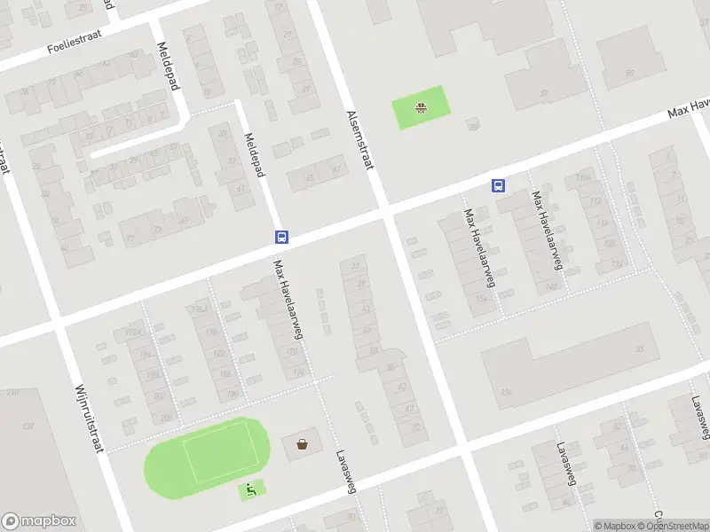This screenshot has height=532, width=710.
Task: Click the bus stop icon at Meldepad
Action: pos(281,237)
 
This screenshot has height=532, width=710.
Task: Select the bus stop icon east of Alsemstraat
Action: pos(499,185)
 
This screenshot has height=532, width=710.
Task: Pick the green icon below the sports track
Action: pos(251,489)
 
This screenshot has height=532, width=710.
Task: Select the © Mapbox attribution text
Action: pos(614,526)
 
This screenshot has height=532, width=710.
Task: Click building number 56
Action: pos(629,73)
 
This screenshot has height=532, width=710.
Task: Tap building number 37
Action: pos(542,91)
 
